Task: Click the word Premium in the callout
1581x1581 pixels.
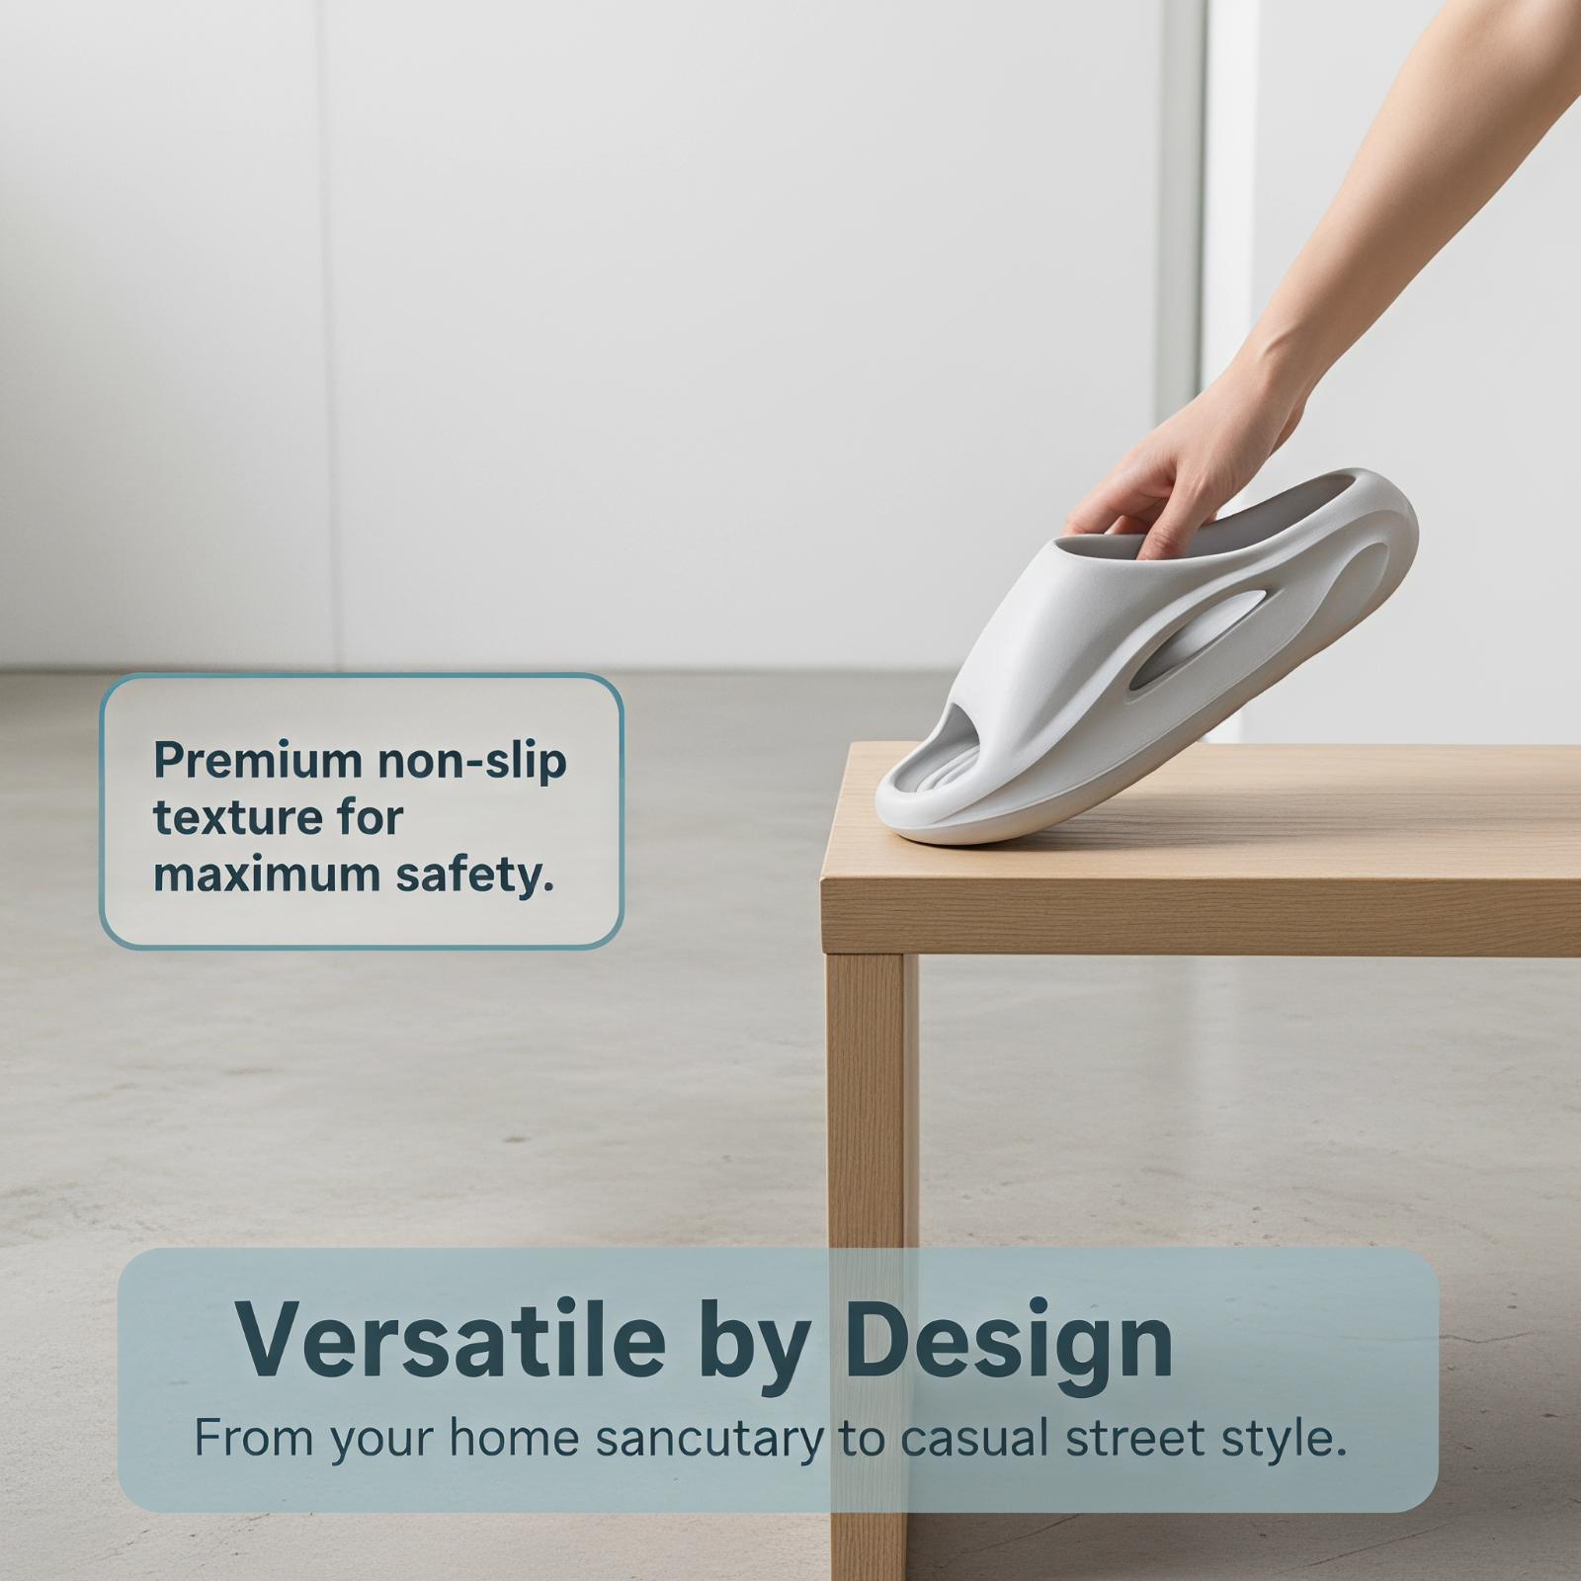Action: (259, 761)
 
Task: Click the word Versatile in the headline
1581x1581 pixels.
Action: (451, 1340)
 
